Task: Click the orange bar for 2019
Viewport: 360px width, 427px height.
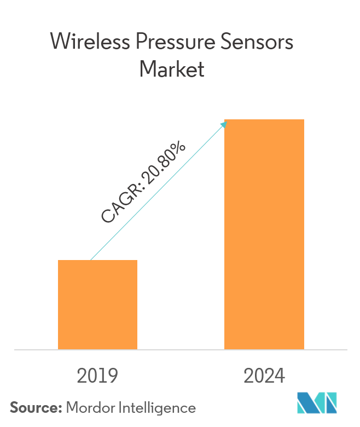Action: (x=97, y=304)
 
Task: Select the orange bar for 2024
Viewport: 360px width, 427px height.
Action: (x=264, y=234)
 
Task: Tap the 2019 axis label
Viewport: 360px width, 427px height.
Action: (x=97, y=376)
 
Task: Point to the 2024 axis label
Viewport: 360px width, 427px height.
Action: (x=264, y=376)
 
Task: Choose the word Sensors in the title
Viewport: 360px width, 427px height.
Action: (x=257, y=42)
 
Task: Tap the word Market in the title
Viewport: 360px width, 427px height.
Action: (x=172, y=70)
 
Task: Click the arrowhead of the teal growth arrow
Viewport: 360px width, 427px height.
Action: (x=224, y=124)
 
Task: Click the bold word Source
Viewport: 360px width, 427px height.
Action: (x=35, y=407)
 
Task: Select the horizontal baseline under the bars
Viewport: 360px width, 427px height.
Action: (x=181, y=349)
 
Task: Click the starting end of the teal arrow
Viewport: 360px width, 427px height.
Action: (x=91, y=259)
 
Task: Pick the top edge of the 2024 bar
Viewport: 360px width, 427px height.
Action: (x=264, y=119)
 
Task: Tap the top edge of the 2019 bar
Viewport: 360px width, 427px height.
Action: (x=97, y=261)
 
